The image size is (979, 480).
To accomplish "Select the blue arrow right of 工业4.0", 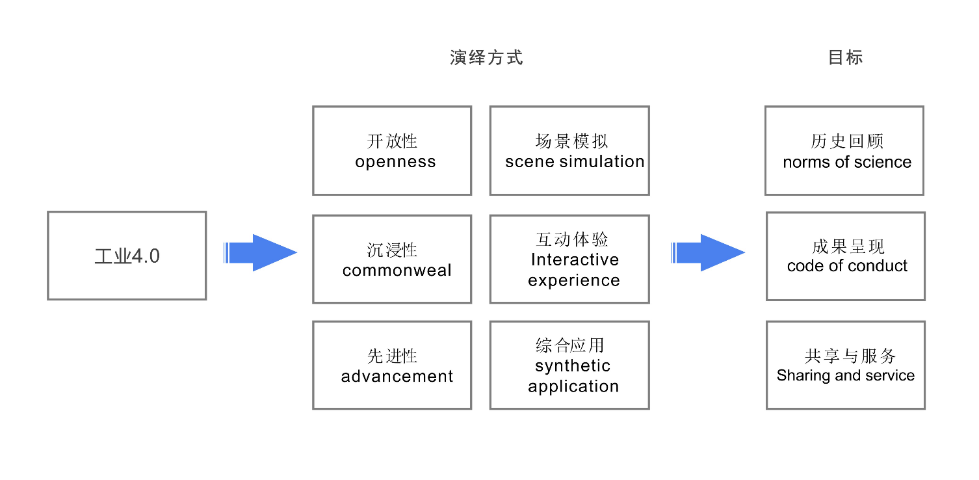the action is pyautogui.click(x=260, y=252).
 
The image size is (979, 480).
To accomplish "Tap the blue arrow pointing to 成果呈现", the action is pyautogui.click(x=707, y=252).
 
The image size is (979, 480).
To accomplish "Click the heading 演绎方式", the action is pyautogui.click(x=486, y=57).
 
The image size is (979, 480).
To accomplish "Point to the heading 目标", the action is pyautogui.click(x=845, y=57).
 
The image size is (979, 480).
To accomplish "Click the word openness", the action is pyautogui.click(x=395, y=162).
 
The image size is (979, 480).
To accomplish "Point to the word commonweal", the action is pyautogui.click(x=397, y=270).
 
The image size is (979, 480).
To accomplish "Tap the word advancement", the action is pyautogui.click(x=397, y=376).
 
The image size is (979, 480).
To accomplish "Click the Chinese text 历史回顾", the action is pyautogui.click(x=847, y=141).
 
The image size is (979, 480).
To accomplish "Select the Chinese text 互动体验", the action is pyautogui.click(x=572, y=239).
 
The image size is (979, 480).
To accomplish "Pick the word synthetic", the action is pyautogui.click(x=573, y=366).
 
